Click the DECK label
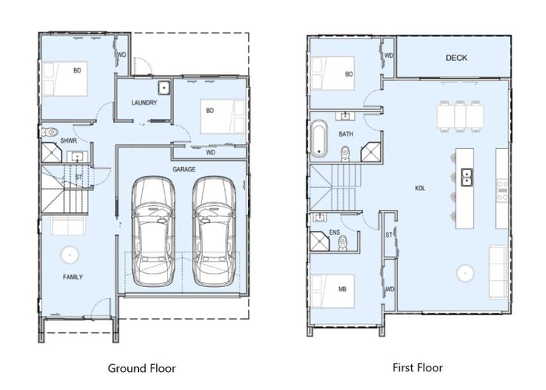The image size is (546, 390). [456, 58]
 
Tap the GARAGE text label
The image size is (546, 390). [184, 168]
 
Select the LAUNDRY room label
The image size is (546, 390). [144, 102]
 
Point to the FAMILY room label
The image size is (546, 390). [73, 277]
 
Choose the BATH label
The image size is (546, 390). [346, 134]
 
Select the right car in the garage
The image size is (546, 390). [213, 230]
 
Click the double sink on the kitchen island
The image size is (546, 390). [466, 178]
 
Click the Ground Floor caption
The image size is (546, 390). [141, 368]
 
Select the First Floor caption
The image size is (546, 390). [419, 367]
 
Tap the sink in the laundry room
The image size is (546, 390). [164, 87]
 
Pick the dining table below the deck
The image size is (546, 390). [460, 115]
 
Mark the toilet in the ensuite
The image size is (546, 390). [342, 243]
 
